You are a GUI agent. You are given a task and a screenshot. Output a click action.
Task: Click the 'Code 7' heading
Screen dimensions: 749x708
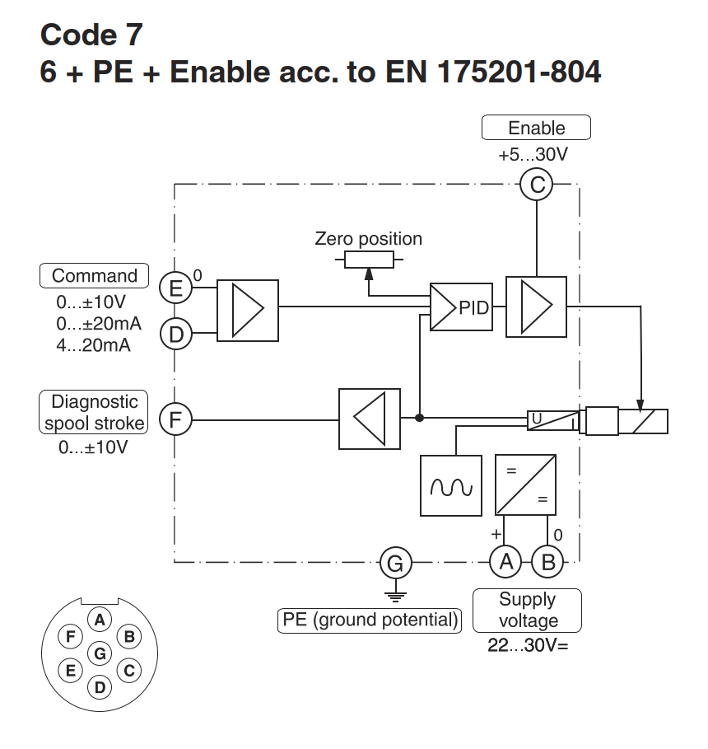tap(91, 35)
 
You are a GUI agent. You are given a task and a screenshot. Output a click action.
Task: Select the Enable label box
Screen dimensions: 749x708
tap(536, 128)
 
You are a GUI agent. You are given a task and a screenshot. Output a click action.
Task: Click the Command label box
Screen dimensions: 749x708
tap(95, 276)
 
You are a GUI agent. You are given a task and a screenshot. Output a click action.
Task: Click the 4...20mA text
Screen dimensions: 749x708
tap(94, 344)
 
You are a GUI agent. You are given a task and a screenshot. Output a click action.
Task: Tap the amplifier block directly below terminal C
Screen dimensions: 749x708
tap(537, 307)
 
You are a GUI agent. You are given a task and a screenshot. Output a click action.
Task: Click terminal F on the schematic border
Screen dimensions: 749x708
tap(175, 419)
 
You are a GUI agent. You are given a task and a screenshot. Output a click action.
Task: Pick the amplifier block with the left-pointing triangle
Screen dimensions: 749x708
tap(370, 419)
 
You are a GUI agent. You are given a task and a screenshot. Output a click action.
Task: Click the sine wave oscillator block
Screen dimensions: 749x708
tap(451, 485)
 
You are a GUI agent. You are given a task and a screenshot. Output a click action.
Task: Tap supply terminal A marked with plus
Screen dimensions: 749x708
tap(506, 563)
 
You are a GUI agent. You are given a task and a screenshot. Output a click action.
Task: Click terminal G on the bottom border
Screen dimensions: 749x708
tap(395, 563)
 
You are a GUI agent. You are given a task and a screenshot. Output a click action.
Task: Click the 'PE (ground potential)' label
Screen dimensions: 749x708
tap(370, 620)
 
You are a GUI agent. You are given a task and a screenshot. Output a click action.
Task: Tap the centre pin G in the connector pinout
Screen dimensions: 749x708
tap(100, 653)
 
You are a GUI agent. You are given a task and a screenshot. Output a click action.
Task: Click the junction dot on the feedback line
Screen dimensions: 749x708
tap(420, 419)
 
